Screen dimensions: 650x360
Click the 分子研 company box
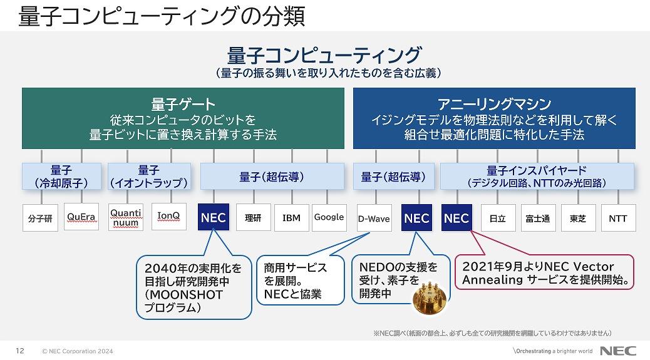click(40, 217)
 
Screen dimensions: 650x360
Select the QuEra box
click(81, 217)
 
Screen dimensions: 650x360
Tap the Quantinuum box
click(126, 217)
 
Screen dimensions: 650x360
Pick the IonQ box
click(168, 216)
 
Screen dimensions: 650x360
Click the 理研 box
click(253, 217)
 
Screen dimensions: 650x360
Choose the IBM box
click(291, 217)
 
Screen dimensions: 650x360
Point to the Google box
click(329, 217)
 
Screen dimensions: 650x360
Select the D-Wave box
click(374, 218)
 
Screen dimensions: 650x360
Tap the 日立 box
click(498, 218)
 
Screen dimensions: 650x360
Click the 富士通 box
click(538, 218)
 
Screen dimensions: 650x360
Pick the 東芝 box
click(578, 218)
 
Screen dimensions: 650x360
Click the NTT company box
click(618, 218)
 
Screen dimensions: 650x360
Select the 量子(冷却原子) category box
click(61, 177)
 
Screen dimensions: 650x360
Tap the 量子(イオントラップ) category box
click(149, 177)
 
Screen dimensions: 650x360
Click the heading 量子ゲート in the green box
click(183, 104)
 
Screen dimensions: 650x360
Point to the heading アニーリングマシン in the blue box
click(494, 103)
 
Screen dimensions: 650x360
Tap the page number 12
click(20, 351)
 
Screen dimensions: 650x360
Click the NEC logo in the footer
click(617, 351)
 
